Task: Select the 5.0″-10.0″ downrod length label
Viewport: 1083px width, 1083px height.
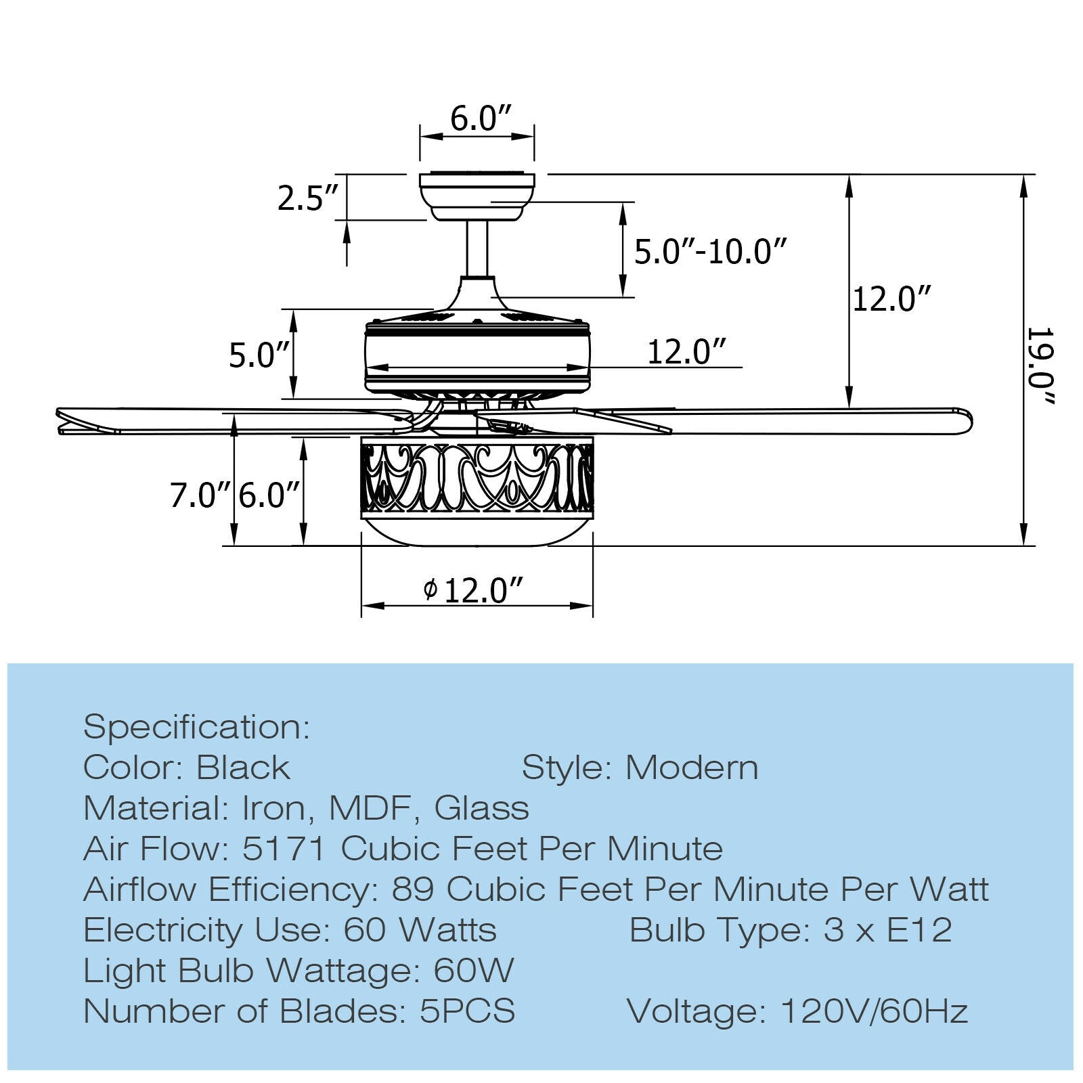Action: (x=711, y=252)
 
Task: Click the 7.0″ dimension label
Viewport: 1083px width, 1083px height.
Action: (x=200, y=495)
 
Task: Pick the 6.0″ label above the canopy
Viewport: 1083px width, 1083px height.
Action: (x=480, y=119)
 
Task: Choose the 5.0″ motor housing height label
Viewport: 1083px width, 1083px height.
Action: (x=259, y=355)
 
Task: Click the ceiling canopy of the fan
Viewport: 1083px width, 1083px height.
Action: (x=477, y=196)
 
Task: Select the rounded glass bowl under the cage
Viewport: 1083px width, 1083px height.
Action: (x=477, y=531)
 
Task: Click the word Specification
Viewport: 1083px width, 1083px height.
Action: (x=196, y=727)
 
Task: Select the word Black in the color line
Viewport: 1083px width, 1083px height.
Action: (x=243, y=768)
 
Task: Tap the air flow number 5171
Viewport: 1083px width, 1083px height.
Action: (x=284, y=849)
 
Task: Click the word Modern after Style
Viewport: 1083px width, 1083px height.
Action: (x=692, y=768)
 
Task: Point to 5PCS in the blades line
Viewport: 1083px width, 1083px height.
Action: (x=467, y=1011)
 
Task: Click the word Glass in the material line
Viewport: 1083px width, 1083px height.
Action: (x=481, y=808)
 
